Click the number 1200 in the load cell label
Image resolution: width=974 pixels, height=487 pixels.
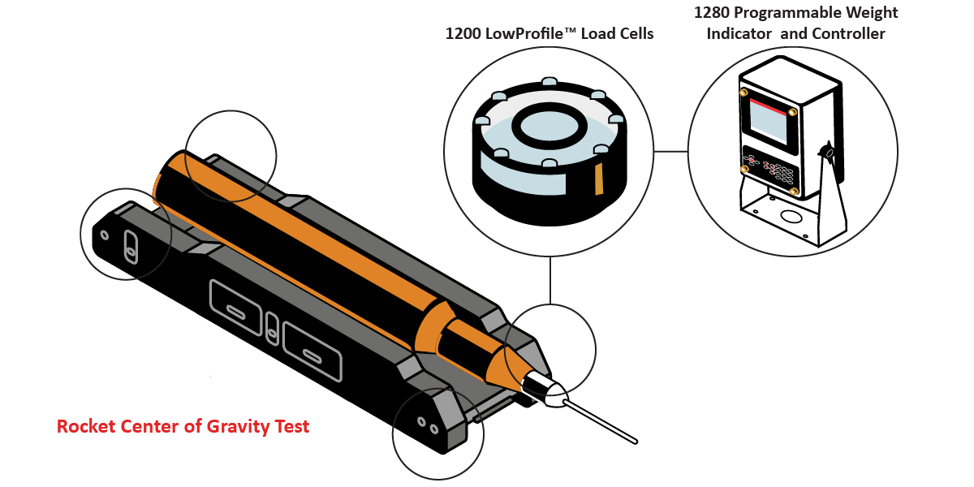pyautogui.click(x=463, y=34)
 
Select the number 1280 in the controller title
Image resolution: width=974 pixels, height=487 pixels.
pyautogui.click(x=711, y=13)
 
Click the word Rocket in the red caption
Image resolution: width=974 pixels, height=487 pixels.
pyautogui.click(x=86, y=427)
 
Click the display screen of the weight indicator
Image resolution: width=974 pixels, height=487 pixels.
pyautogui.click(x=769, y=123)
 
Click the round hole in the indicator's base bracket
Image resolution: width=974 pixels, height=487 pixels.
pyautogui.click(x=790, y=216)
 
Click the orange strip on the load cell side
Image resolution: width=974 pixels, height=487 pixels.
pyautogui.click(x=599, y=179)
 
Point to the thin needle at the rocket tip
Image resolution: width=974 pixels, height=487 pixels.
pyautogui.click(x=601, y=421)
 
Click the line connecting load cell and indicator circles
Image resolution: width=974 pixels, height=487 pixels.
pyautogui.click(x=670, y=151)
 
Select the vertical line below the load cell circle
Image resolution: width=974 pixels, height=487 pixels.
pyautogui.click(x=550, y=280)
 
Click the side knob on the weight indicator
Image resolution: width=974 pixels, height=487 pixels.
pyautogui.click(x=826, y=153)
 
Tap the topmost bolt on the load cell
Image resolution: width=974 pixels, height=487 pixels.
pyautogui.click(x=549, y=82)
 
